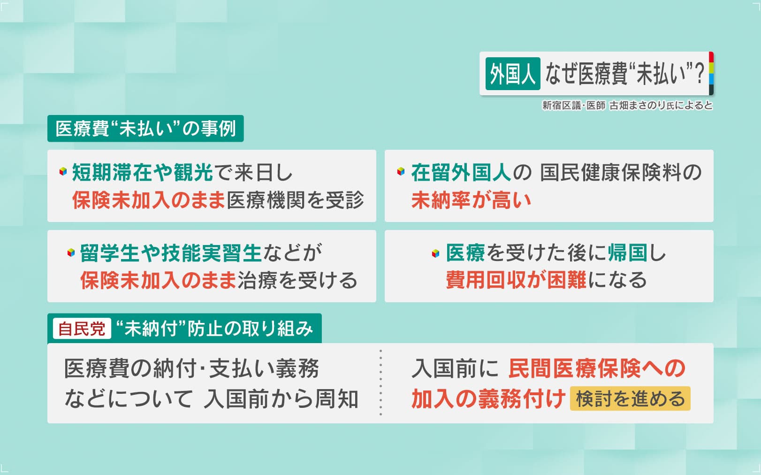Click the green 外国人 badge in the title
click(x=513, y=74)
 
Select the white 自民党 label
click(x=82, y=329)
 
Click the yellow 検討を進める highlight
click(x=630, y=398)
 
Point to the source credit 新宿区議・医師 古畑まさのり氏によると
click(x=627, y=106)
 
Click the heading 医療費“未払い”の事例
click(x=145, y=129)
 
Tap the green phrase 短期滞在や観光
click(x=142, y=173)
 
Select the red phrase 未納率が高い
click(x=471, y=200)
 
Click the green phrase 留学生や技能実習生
click(x=171, y=253)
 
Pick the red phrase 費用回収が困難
click(x=516, y=280)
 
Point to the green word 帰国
click(x=627, y=253)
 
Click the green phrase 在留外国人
click(x=461, y=173)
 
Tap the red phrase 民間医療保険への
click(x=597, y=368)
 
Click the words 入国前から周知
click(x=281, y=399)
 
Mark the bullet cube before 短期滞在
click(x=63, y=171)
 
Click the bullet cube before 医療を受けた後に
click(x=435, y=253)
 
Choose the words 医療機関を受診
click(x=295, y=200)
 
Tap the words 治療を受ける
click(x=297, y=280)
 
